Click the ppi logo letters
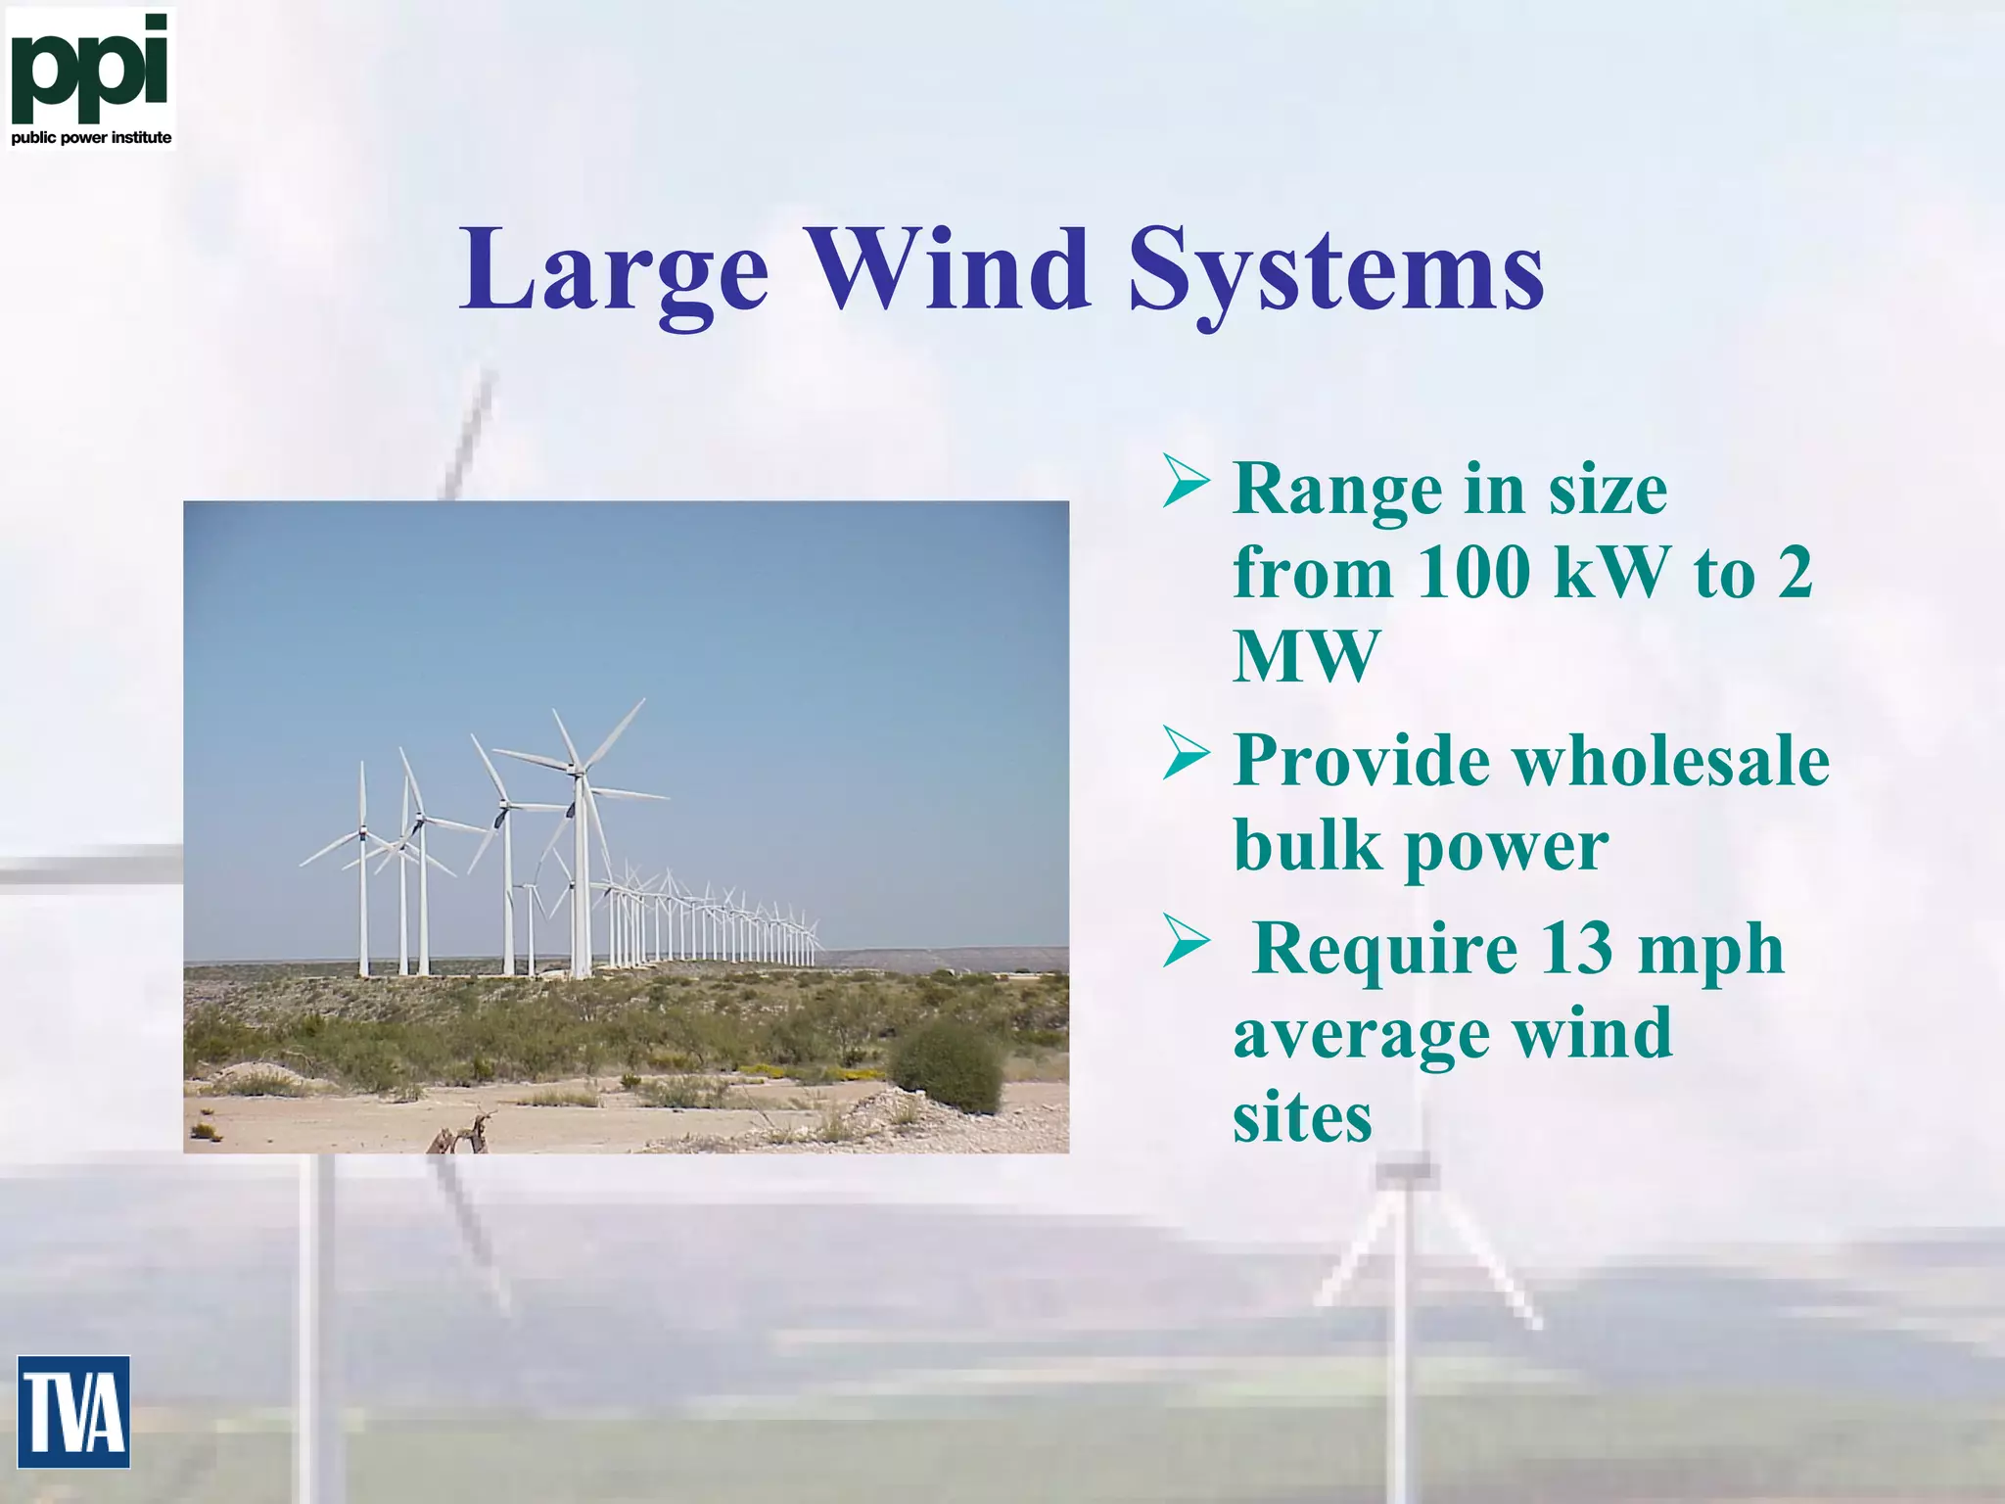click(90, 69)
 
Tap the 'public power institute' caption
click(91, 138)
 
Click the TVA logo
click(73, 1411)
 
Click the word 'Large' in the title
click(614, 269)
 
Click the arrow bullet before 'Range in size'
click(1186, 481)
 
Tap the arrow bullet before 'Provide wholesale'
click(1186, 754)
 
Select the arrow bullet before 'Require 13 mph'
click(1186, 942)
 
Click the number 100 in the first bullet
click(1472, 572)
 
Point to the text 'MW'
click(1306, 656)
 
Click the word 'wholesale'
click(1669, 761)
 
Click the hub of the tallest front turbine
click(578, 772)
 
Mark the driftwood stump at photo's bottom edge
click(460, 1136)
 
